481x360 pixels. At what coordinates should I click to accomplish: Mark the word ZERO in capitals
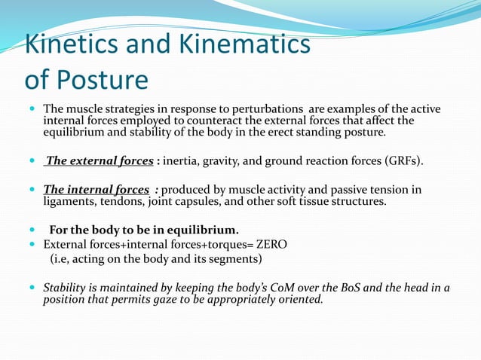267,244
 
